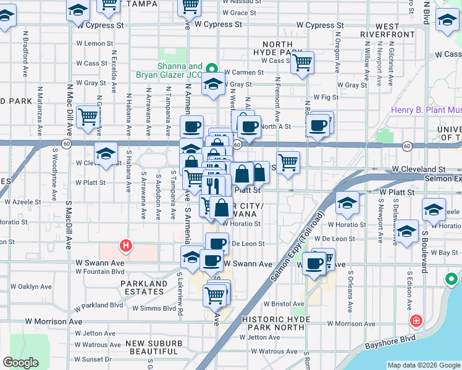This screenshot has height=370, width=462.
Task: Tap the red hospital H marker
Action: (126, 245)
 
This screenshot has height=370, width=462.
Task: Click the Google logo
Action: (20, 363)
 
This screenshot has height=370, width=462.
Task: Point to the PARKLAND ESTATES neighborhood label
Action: (145, 288)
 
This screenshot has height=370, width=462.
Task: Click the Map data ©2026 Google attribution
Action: (424, 365)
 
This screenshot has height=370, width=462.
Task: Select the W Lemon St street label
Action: (90, 44)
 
